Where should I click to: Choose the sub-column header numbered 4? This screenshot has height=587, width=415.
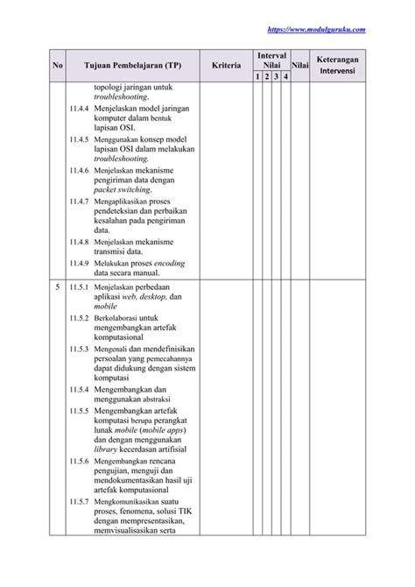(284, 78)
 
